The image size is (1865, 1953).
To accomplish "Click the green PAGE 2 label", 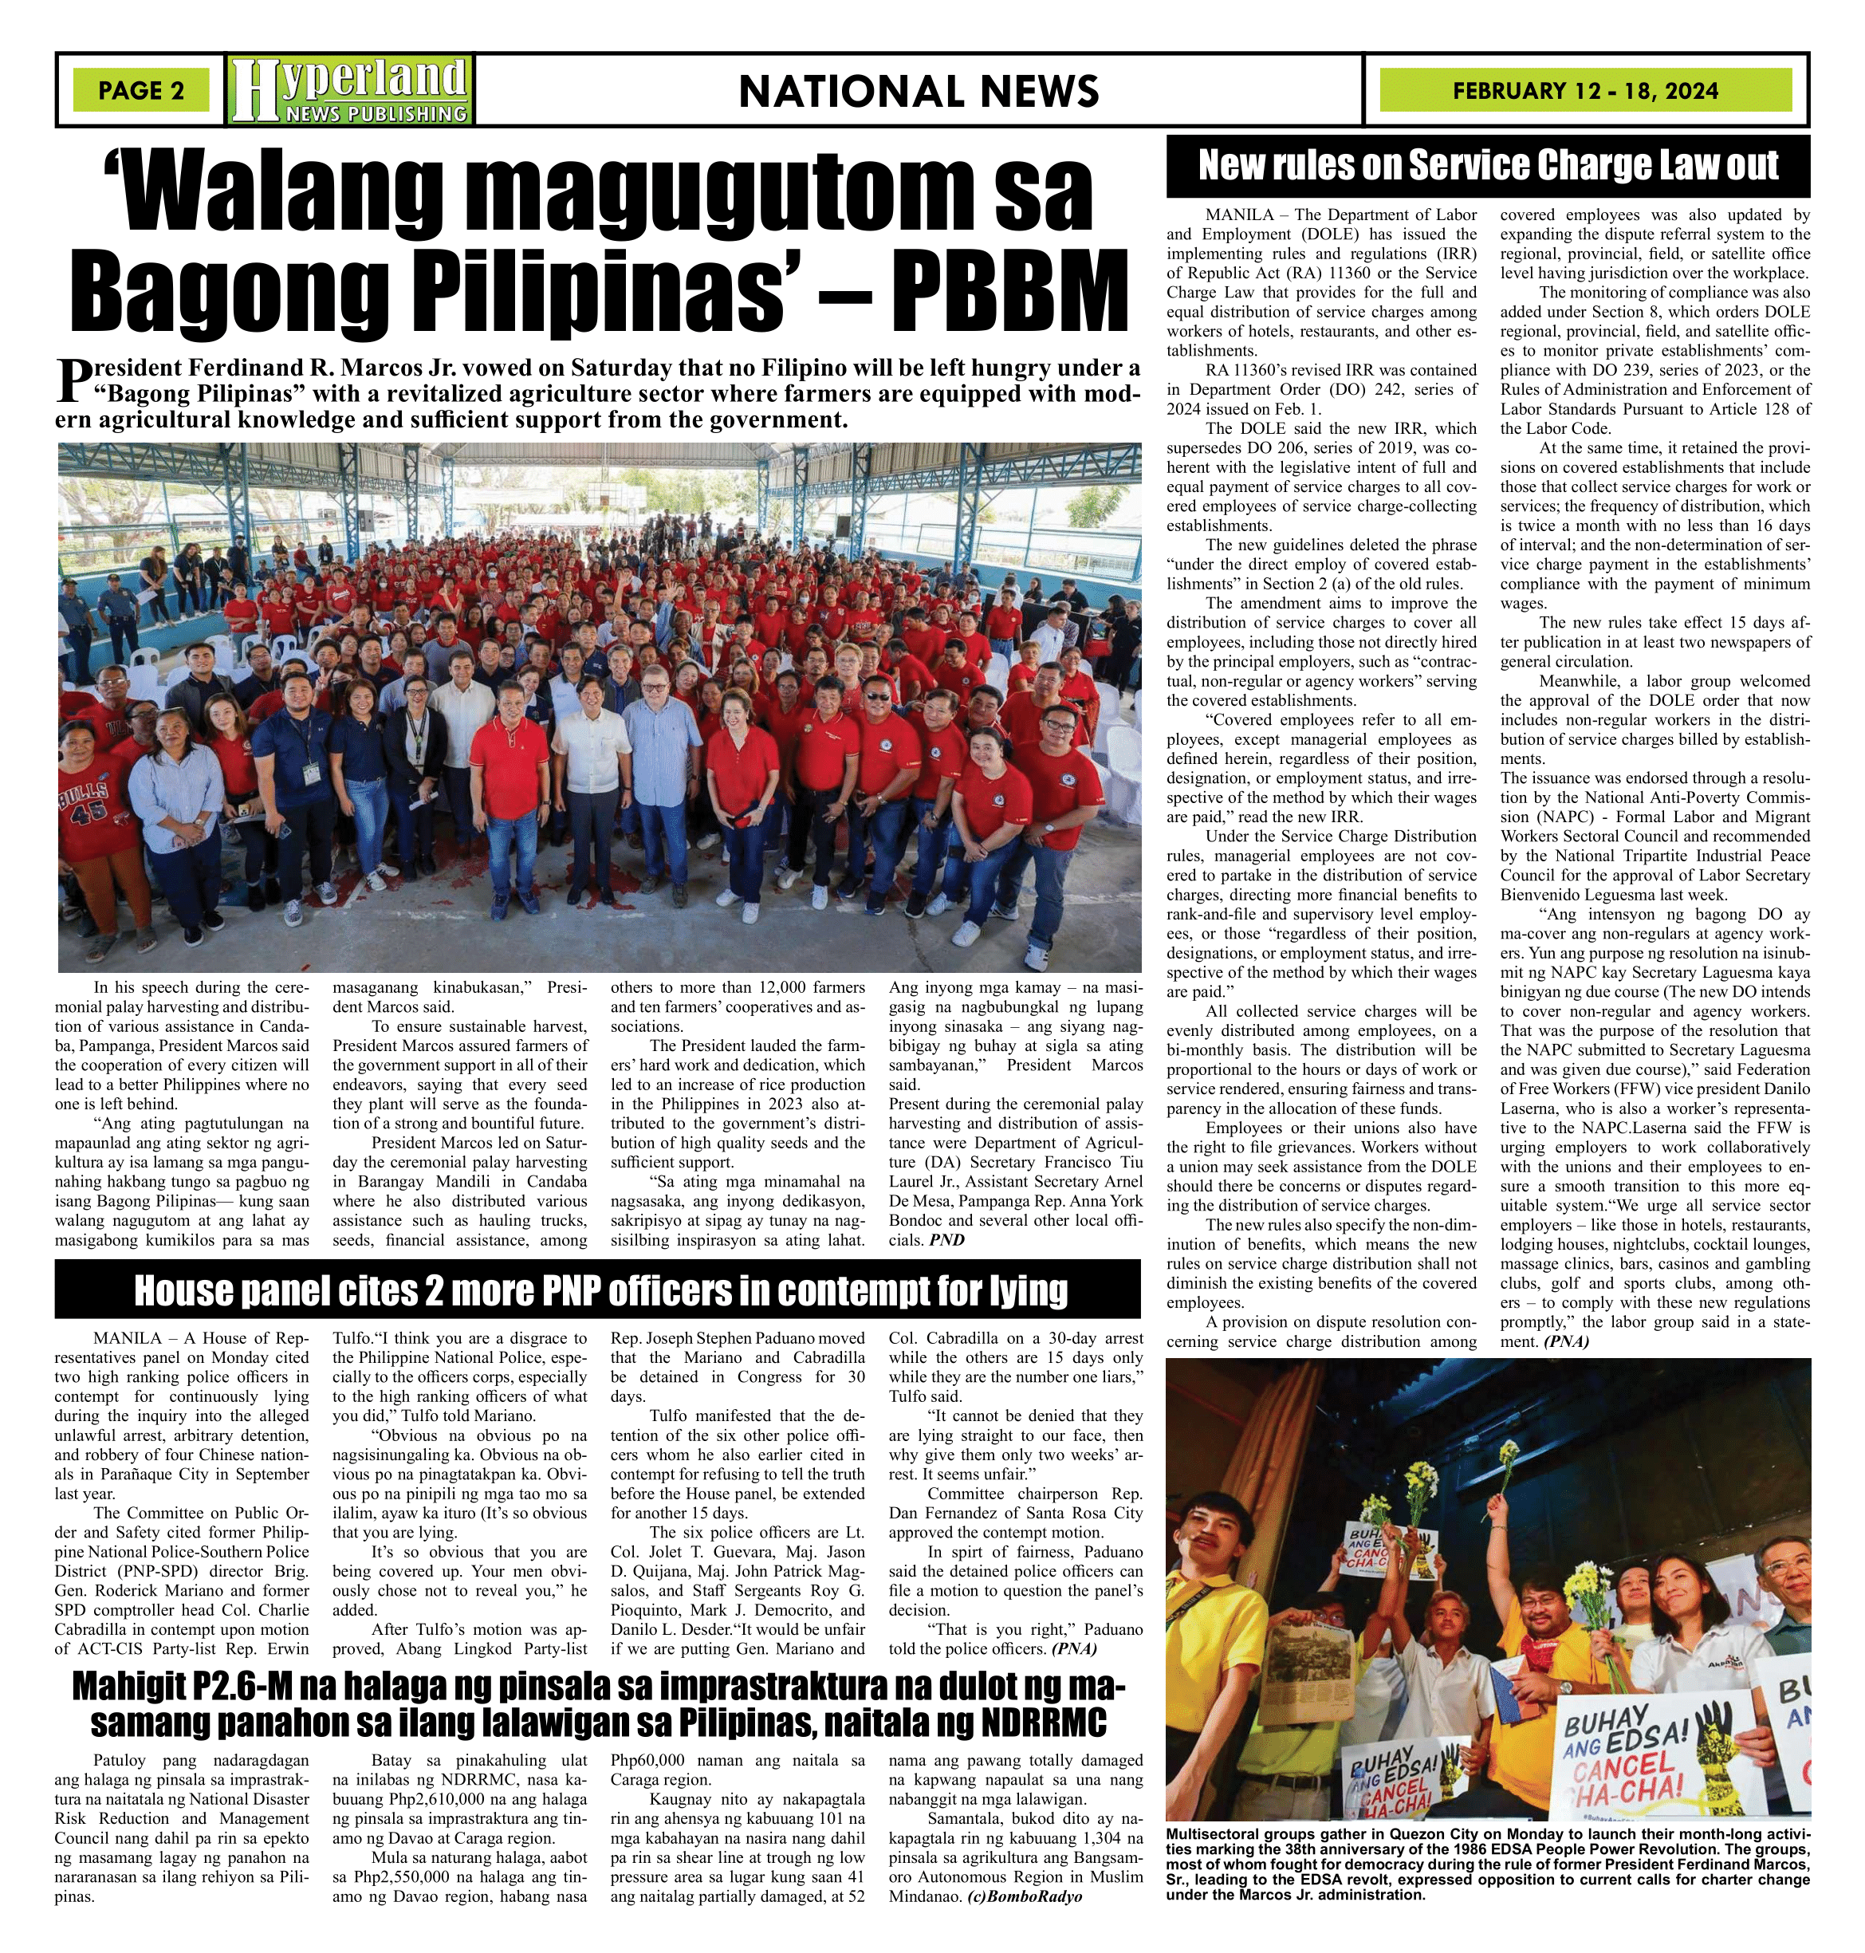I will (x=141, y=90).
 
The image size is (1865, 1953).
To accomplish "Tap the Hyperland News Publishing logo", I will (x=350, y=90).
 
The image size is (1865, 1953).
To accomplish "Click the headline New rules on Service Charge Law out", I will (x=1487, y=166).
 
